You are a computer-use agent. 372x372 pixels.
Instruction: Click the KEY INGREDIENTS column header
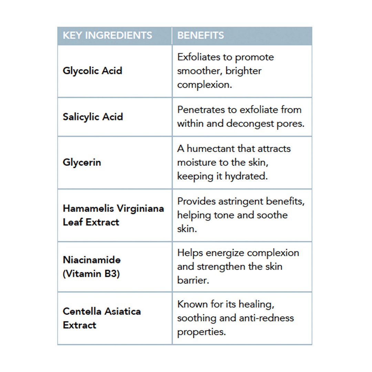[107, 35]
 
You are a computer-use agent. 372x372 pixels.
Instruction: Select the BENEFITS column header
[200, 35]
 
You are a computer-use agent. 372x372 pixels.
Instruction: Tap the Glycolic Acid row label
[92, 71]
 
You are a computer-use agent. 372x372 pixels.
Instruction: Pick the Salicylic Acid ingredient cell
[93, 116]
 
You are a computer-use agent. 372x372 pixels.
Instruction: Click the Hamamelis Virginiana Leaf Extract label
[113, 215]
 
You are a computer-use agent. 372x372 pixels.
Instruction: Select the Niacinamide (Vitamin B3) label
[92, 267]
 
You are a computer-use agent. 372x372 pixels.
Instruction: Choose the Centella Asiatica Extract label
[102, 318]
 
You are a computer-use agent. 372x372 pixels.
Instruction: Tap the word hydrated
[246, 176]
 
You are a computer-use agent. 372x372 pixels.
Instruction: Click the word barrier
[193, 280]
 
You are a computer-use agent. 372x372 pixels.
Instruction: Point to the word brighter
[244, 71]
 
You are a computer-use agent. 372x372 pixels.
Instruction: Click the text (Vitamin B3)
[91, 274]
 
